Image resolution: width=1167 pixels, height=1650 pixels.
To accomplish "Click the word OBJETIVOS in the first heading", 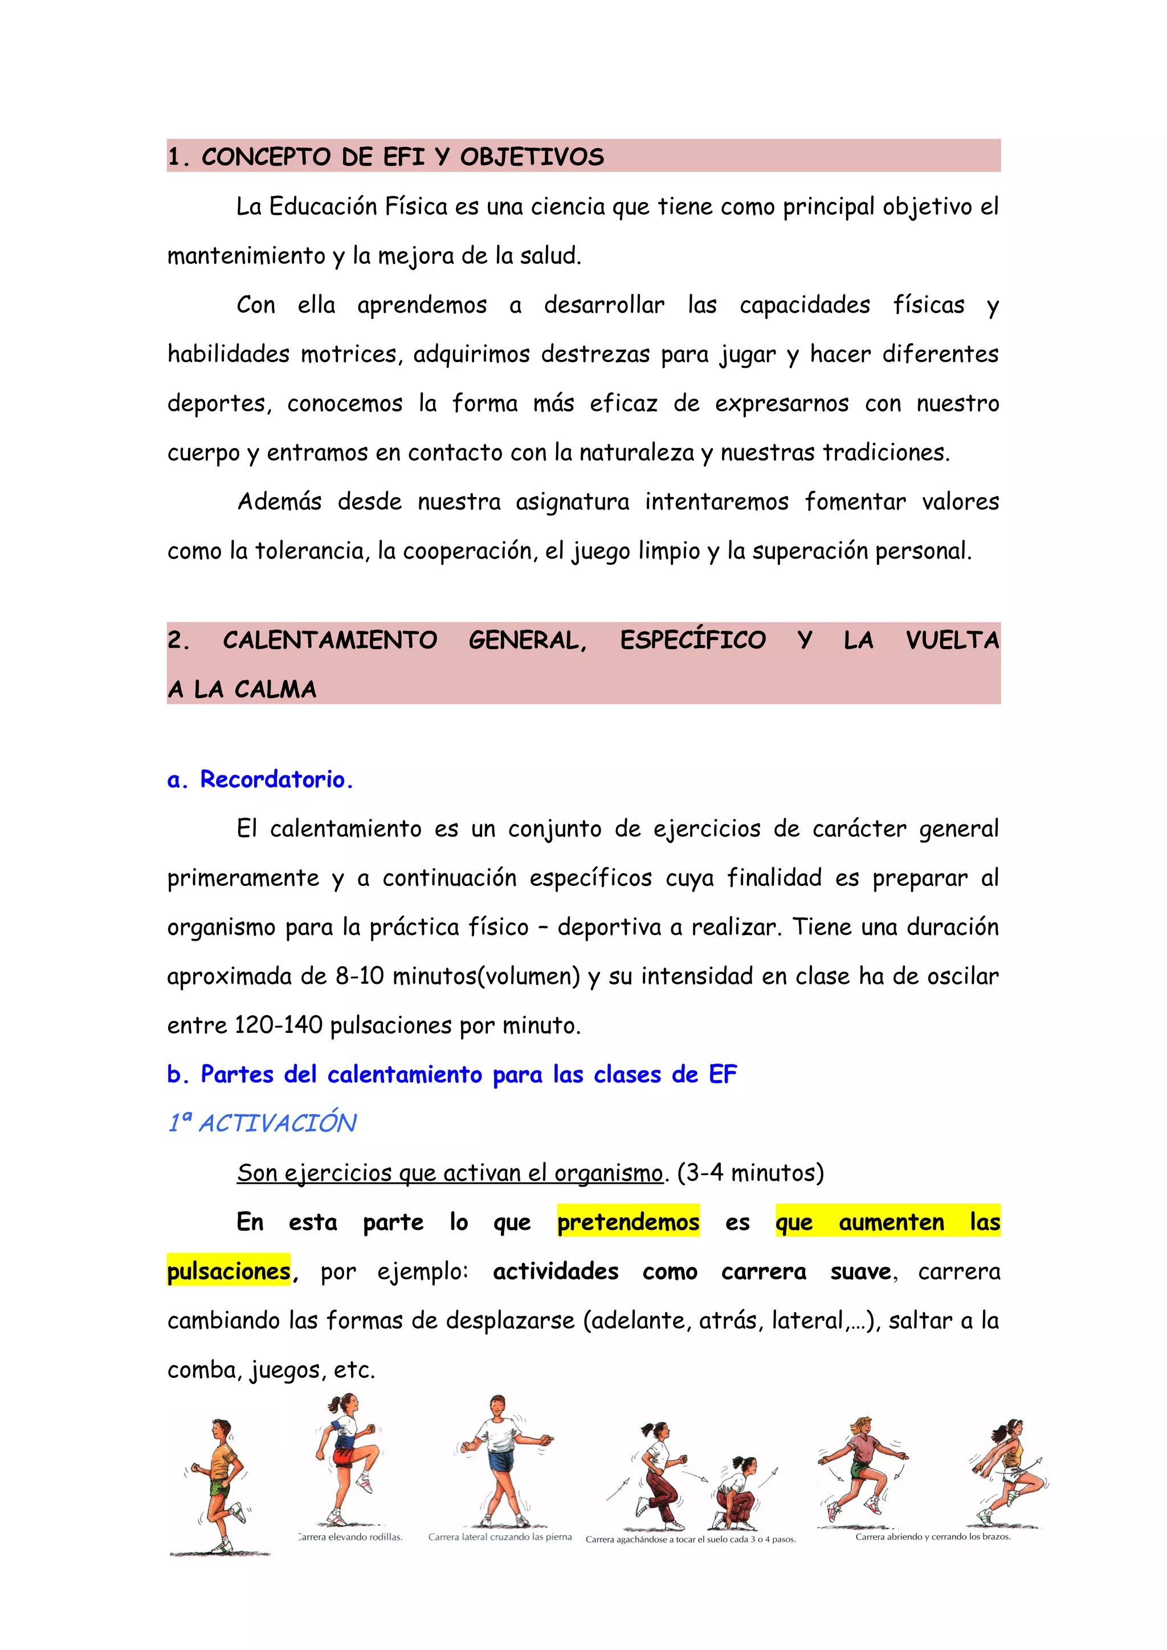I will pos(532,157).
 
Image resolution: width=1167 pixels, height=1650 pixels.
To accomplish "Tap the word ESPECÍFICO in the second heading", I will pos(692,639).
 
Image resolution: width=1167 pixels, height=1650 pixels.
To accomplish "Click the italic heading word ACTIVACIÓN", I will pos(278,1123).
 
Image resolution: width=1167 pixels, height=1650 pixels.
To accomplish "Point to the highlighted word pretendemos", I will pos(628,1222).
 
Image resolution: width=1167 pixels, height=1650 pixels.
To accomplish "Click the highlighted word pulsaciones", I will pos(228,1271).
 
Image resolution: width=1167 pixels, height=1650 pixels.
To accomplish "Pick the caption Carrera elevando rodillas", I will pos(350,1537).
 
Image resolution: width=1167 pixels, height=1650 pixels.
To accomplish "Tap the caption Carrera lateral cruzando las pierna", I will pos(500,1537).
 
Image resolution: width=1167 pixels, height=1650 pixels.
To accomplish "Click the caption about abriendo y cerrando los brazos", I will pos(933,1537).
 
